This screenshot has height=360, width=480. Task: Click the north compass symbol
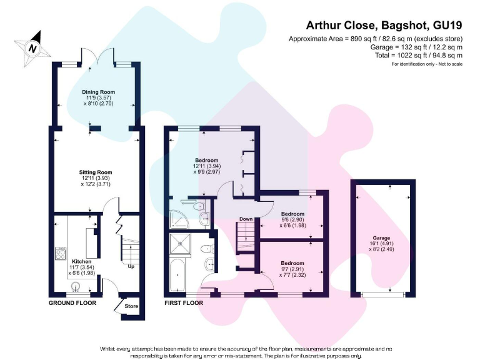pos(31,46)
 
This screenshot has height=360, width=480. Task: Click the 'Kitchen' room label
pos(81,261)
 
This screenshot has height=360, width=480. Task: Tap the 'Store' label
pos(131,306)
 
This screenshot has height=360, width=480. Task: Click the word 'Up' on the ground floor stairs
pos(131,267)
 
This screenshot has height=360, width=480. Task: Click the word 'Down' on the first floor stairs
pos(246,219)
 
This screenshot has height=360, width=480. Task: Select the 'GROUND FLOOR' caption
pos(72,303)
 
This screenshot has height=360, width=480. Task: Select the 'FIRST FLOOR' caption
pos(184,303)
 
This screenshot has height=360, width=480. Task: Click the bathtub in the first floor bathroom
pos(177,278)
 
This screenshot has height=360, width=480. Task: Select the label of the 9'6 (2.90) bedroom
pos(292,214)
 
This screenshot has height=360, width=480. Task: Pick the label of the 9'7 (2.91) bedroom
pos(292,263)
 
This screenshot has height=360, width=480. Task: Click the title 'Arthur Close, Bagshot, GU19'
pos(384,26)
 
